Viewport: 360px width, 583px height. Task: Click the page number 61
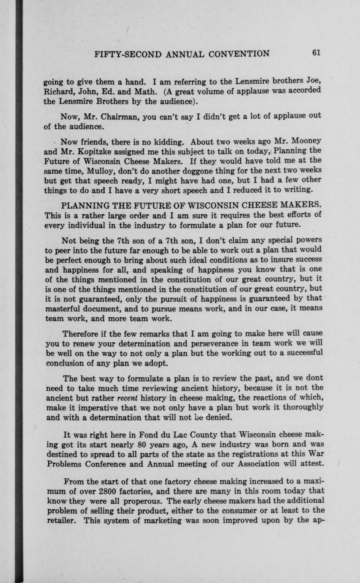(x=316, y=53)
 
